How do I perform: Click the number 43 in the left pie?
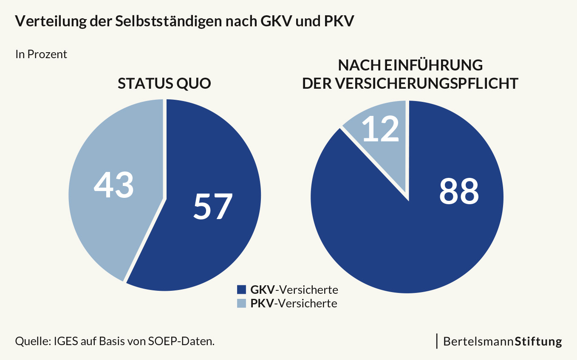pos(114,186)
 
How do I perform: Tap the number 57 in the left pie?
pos(213,206)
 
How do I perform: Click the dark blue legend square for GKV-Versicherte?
pos(241,290)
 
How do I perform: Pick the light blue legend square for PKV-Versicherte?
pos(241,303)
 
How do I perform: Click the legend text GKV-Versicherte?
pos(294,290)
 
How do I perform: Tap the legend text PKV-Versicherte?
pos(294,303)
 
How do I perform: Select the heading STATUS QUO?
pos(164,84)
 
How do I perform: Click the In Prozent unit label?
pos(41,54)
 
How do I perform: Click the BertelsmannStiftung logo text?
pos(503,341)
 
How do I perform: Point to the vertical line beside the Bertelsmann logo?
pos(437,341)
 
